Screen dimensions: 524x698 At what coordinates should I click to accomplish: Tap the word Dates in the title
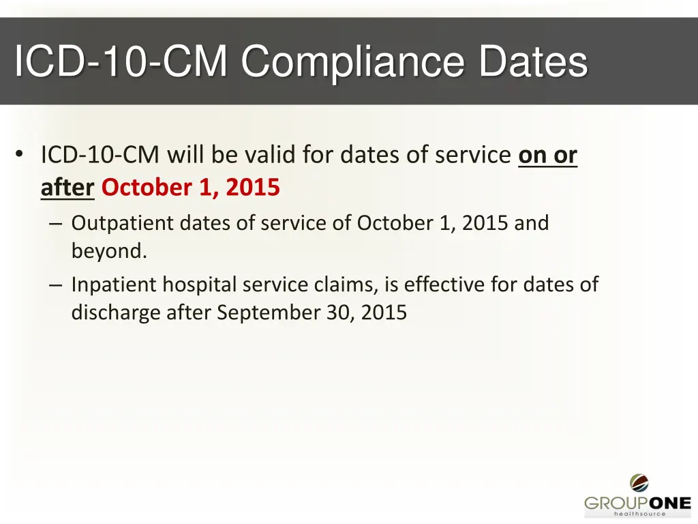532,62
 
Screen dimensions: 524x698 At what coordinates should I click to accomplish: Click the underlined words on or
547,156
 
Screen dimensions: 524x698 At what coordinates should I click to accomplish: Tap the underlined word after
67,187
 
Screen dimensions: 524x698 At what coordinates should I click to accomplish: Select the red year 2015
253,187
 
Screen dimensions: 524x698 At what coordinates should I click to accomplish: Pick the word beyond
108,251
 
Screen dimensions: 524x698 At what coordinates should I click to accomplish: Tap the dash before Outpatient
56,224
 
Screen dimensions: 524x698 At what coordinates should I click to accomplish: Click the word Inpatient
114,285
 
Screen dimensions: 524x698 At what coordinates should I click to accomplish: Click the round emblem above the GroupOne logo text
639,484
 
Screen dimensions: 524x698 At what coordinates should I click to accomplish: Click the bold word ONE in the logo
664,504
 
